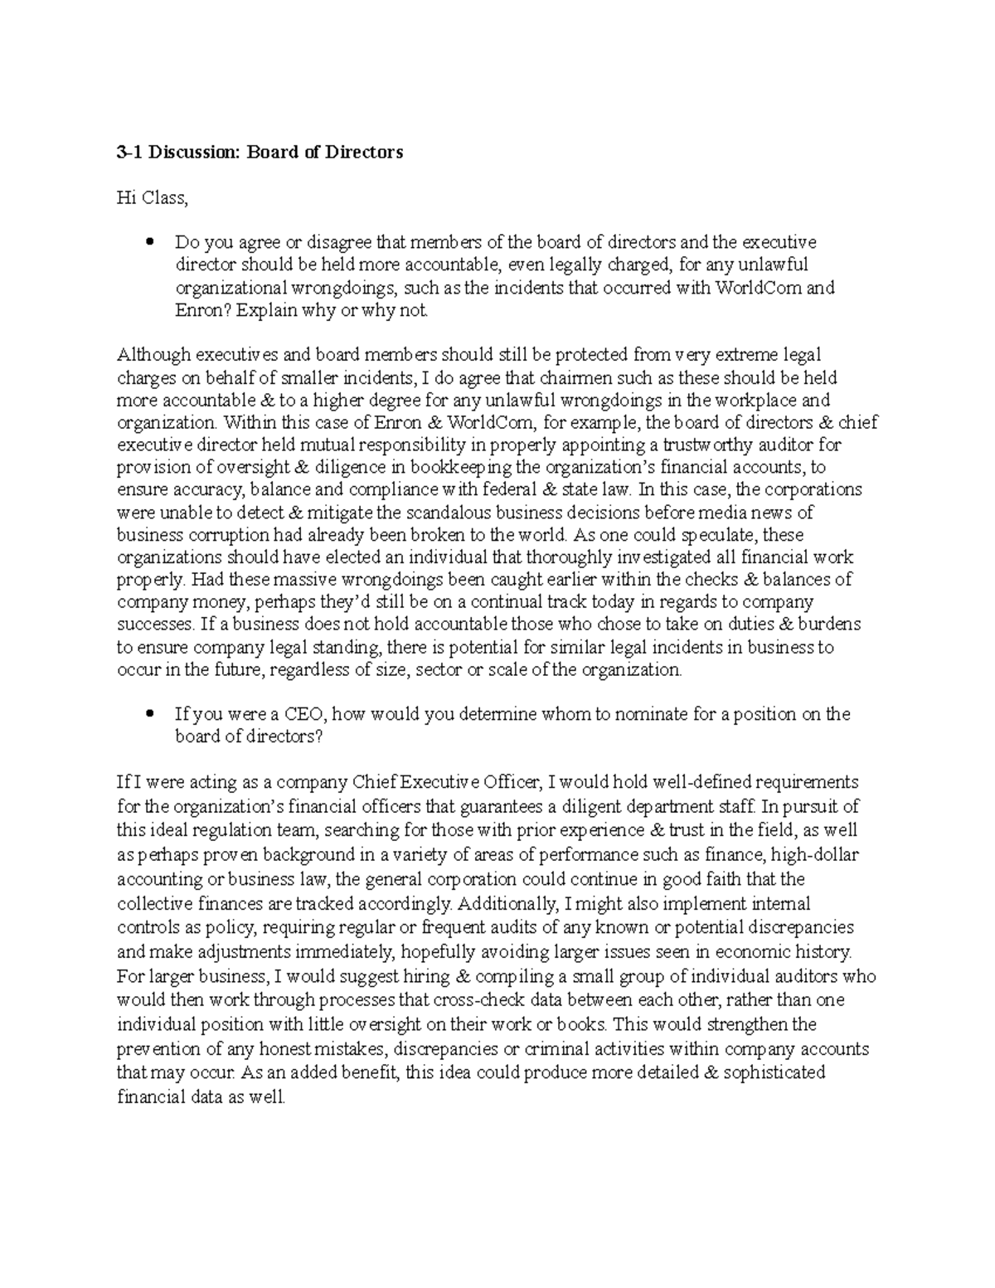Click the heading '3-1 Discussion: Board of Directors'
(x=260, y=153)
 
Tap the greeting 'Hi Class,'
(x=152, y=198)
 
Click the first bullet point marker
(x=149, y=243)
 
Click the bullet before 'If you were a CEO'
(x=149, y=714)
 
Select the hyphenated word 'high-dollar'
(x=814, y=854)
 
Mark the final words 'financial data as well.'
(x=201, y=1097)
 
